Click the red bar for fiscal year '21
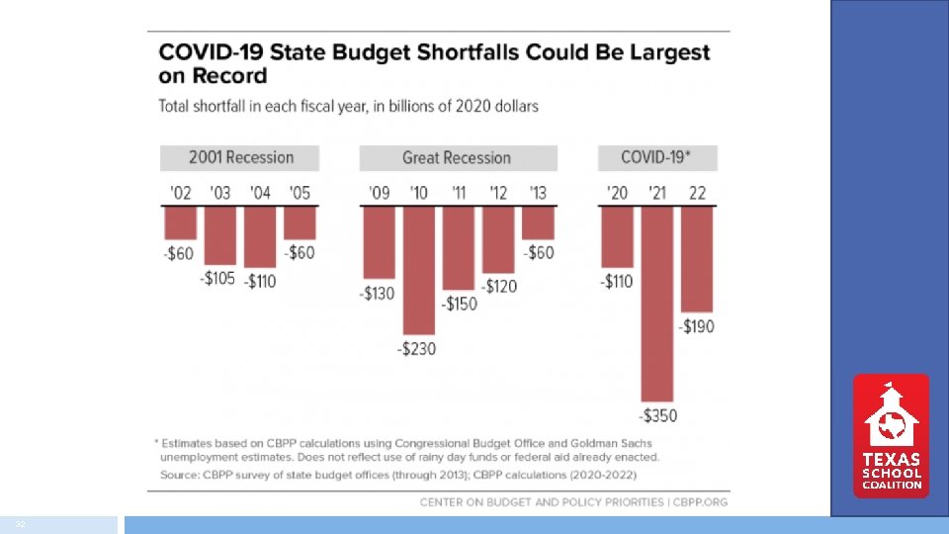click(657, 302)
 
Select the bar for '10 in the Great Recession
click(419, 270)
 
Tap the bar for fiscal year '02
click(180, 222)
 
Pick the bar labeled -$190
click(697, 259)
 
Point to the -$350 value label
click(657, 415)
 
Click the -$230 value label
click(417, 349)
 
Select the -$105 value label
click(217, 279)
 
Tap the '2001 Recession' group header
click(240, 157)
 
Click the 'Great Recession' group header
click(457, 157)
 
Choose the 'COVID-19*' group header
click(657, 157)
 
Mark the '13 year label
click(538, 193)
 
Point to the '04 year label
click(260, 193)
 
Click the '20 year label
click(617, 193)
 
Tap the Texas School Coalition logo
click(891, 435)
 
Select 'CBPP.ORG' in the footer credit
click(699, 502)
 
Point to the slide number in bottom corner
click(19, 524)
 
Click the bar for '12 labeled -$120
click(498, 239)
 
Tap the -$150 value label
click(457, 304)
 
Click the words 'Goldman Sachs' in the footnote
click(605, 442)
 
